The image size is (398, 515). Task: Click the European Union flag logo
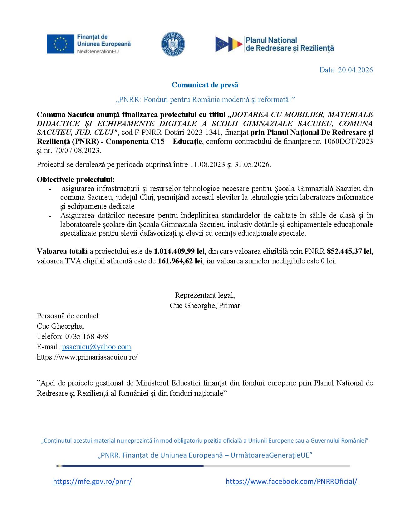[x=60, y=44]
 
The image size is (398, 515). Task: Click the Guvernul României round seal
[x=173, y=44]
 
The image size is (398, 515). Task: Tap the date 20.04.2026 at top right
[x=355, y=70]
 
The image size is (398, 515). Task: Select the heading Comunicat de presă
[x=205, y=85]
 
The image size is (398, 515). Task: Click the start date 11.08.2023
[x=208, y=164]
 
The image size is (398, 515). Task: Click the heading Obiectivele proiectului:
[x=76, y=179]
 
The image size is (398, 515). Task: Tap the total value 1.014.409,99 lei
[x=179, y=251]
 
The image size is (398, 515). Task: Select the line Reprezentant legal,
[x=205, y=295]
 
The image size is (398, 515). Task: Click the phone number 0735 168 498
[x=86, y=336]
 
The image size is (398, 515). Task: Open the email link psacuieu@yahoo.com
[x=96, y=347]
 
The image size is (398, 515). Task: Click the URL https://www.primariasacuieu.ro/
[x=87, y=357]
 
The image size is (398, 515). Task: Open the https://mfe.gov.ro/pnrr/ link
[x=92, y=481]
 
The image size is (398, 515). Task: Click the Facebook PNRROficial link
[x=291, y=481]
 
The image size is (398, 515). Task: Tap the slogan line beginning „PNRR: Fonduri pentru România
[x=205, y=100]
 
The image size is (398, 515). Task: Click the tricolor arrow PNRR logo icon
[x=229, y=44]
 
